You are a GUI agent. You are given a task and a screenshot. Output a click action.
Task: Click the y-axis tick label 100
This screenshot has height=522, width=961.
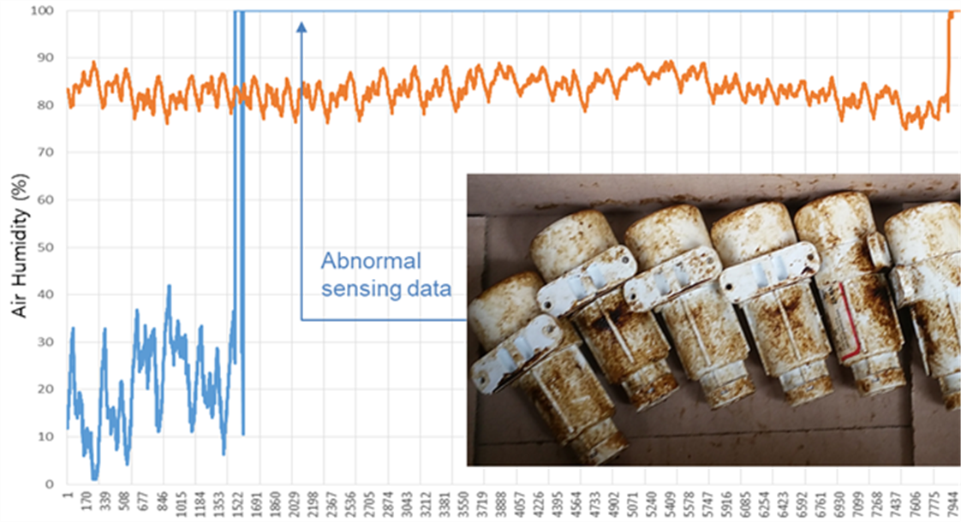click(42, 10)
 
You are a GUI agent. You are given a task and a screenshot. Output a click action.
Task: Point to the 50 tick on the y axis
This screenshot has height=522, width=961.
click(45, 247)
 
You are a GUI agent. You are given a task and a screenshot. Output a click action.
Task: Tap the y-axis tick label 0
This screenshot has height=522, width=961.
click(50, 484)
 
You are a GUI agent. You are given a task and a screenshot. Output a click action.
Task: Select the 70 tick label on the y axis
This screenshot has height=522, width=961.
click(45, 152)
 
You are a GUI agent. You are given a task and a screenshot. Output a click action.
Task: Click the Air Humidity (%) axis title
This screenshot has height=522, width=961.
click(21, 246)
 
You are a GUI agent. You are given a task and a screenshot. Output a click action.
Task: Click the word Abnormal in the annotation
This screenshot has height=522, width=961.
click(372, 261)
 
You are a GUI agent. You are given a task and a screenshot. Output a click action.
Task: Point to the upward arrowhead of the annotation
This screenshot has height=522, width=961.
click(301, 27)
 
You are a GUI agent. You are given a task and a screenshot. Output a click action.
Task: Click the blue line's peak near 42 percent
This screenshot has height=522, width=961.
click(169, 286)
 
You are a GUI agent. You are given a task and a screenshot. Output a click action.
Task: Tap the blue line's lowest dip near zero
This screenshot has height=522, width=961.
click(94, 478)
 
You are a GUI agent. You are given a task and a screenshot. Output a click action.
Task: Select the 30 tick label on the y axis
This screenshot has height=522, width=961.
click(45, 342)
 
